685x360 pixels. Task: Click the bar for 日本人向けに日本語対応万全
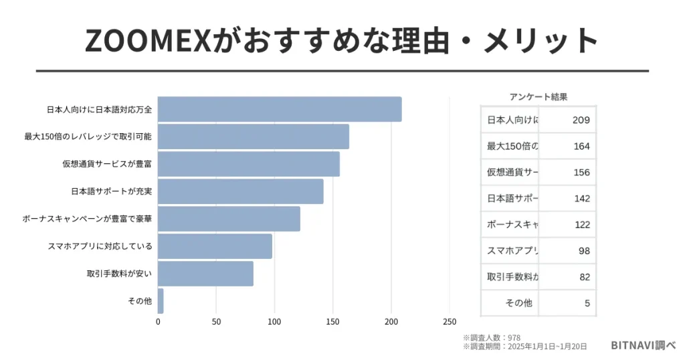click(280, 109)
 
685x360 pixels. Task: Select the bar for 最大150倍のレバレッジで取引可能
click(254, 137)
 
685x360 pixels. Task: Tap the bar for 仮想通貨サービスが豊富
click(249, 164)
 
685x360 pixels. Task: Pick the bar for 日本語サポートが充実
click(241, 191)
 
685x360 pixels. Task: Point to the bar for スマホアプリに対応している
click(215, 246)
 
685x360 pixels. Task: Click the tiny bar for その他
click(161, 301)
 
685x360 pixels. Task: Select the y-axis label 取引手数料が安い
click(119, 274)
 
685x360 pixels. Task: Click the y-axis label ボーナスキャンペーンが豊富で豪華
click(87, 219)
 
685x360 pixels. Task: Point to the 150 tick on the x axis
click(333, 322)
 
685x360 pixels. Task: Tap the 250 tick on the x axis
click(450, 322)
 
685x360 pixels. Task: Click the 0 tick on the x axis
click(159, 322)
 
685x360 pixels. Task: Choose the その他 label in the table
click(518, 303)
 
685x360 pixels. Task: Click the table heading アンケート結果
click(538, 97)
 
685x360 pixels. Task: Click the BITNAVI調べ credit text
click(643, 345)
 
